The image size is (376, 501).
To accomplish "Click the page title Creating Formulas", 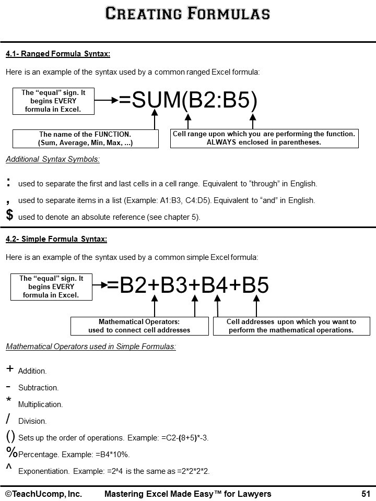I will [x=187, y=13].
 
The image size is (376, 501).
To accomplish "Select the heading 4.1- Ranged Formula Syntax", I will [x=57, y=54].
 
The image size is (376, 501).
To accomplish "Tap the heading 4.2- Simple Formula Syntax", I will [x=56, y=240].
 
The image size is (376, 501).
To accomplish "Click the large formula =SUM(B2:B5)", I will [x=189, y=101].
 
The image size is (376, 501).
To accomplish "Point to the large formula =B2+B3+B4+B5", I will [x=188, y=285].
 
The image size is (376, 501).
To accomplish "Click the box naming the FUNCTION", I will [x=85, y=138].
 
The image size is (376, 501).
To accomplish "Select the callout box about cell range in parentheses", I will [x=264, y=138].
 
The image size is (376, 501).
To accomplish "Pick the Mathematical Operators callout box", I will [x=139, y=326].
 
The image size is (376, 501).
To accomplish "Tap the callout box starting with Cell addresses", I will [x=291, y=326].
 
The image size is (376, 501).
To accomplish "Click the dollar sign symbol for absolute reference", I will [x=9, y=214].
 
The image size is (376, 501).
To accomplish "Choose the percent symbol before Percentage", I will [x=11, y=452].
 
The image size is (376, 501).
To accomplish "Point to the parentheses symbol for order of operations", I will [x=10, y=436].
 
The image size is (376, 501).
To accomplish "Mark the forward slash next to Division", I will [x=8, y=419].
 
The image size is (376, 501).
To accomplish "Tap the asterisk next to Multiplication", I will [x=9, y=400].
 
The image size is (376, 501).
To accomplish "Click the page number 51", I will [x=366, y=494].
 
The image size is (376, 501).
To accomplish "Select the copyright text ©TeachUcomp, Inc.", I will [x=43, y=494].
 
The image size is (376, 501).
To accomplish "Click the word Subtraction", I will [x=38, y=388].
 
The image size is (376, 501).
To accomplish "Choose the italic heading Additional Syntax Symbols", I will [x=53, y=159].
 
